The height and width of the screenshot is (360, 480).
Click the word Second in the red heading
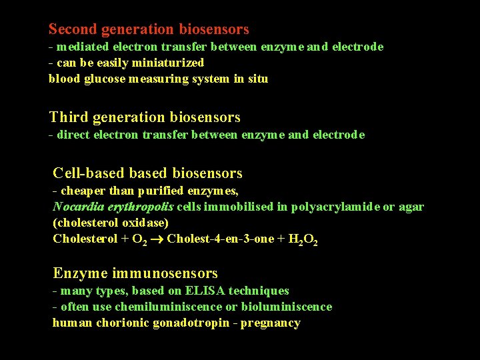(73, 29)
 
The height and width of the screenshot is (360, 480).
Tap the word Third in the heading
(69, 117)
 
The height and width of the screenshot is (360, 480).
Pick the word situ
(257, 79)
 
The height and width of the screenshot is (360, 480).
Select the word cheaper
(83, 191)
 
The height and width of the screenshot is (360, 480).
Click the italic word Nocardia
(77, 207)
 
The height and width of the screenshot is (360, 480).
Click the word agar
(411, 207)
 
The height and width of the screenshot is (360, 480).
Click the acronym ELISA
(205, 291)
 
